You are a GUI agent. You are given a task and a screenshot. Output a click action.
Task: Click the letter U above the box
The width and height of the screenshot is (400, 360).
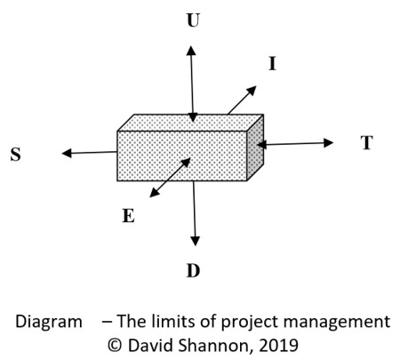pyautogui.click(x=193, y=20)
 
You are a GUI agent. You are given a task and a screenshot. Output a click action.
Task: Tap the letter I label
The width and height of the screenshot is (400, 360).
pyautogui.click(x=272, y=63)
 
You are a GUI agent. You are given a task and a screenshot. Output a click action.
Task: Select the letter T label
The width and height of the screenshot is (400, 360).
pyautogui.click(x=367, y=143)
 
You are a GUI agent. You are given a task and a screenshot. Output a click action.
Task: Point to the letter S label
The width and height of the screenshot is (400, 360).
pyautogui.click(x=16, y=155)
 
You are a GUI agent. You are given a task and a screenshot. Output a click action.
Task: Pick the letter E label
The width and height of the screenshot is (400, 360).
pyautogui.click(x=128, y=215)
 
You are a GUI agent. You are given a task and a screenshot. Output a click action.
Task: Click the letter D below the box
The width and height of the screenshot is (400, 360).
pyautogui.click(x=193, y=271)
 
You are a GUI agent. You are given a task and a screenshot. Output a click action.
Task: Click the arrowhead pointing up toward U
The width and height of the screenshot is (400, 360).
pyautogui.click(x=191, y=51)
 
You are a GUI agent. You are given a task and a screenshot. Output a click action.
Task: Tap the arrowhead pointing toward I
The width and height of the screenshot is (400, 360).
pyautogui.click(x=252, y=91)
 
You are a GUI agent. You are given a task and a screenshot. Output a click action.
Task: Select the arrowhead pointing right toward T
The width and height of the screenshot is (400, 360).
pyautogui.click(x=328, y=143)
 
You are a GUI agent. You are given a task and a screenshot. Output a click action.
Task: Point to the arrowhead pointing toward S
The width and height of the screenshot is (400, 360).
pyautogui.click(x=67, y=153)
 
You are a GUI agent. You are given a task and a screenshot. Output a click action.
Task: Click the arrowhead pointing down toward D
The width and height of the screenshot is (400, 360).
pyautogui.click(x=195, y=241)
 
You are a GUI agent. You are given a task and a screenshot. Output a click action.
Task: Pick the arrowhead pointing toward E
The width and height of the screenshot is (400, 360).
pyautogui.click(x=155, y=193)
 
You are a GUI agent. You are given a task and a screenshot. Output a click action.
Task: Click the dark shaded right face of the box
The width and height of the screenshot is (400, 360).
pyautogui.click(x=255, y=148)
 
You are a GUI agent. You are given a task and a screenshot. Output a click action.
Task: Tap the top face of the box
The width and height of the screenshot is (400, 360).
pyautogui.click(x=190, y=123)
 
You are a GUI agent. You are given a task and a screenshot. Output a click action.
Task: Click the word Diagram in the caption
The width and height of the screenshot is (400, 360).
pyautogui.click(x=49, y=322)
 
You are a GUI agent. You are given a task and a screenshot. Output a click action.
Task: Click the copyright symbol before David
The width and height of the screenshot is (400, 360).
pyautogui.click(x=115, y=345)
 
